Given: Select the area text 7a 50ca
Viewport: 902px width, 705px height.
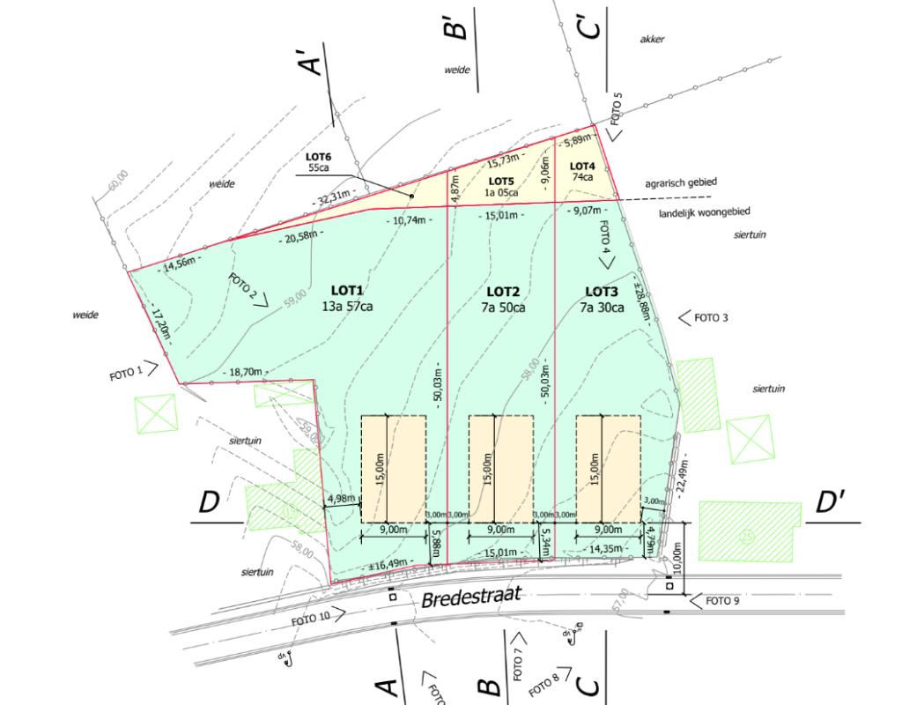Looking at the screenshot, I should [505, 308].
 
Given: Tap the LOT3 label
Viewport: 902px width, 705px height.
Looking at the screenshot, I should [603, 291].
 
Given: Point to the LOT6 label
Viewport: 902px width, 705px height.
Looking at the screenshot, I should [319, 157].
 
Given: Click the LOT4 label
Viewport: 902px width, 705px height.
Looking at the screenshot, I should [582, 166].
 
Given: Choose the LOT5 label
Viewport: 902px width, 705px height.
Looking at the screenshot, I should [501, 181].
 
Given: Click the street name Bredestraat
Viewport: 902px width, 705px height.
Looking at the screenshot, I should [472, 598].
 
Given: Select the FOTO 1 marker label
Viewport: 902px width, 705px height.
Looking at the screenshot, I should [125, 374].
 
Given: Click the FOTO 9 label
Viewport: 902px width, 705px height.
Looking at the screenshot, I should [723, 601].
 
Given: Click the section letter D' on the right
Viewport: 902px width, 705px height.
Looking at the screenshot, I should [831, 503].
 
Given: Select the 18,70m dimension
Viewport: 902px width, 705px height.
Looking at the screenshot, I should [244, 372].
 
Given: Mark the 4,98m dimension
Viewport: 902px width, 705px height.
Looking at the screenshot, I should [341, 499].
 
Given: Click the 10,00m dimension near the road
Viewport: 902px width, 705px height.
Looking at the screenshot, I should [677, 556].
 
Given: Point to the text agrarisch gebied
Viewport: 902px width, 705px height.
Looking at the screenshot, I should [681, 182].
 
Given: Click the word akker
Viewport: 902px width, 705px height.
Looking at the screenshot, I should [652, 40].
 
